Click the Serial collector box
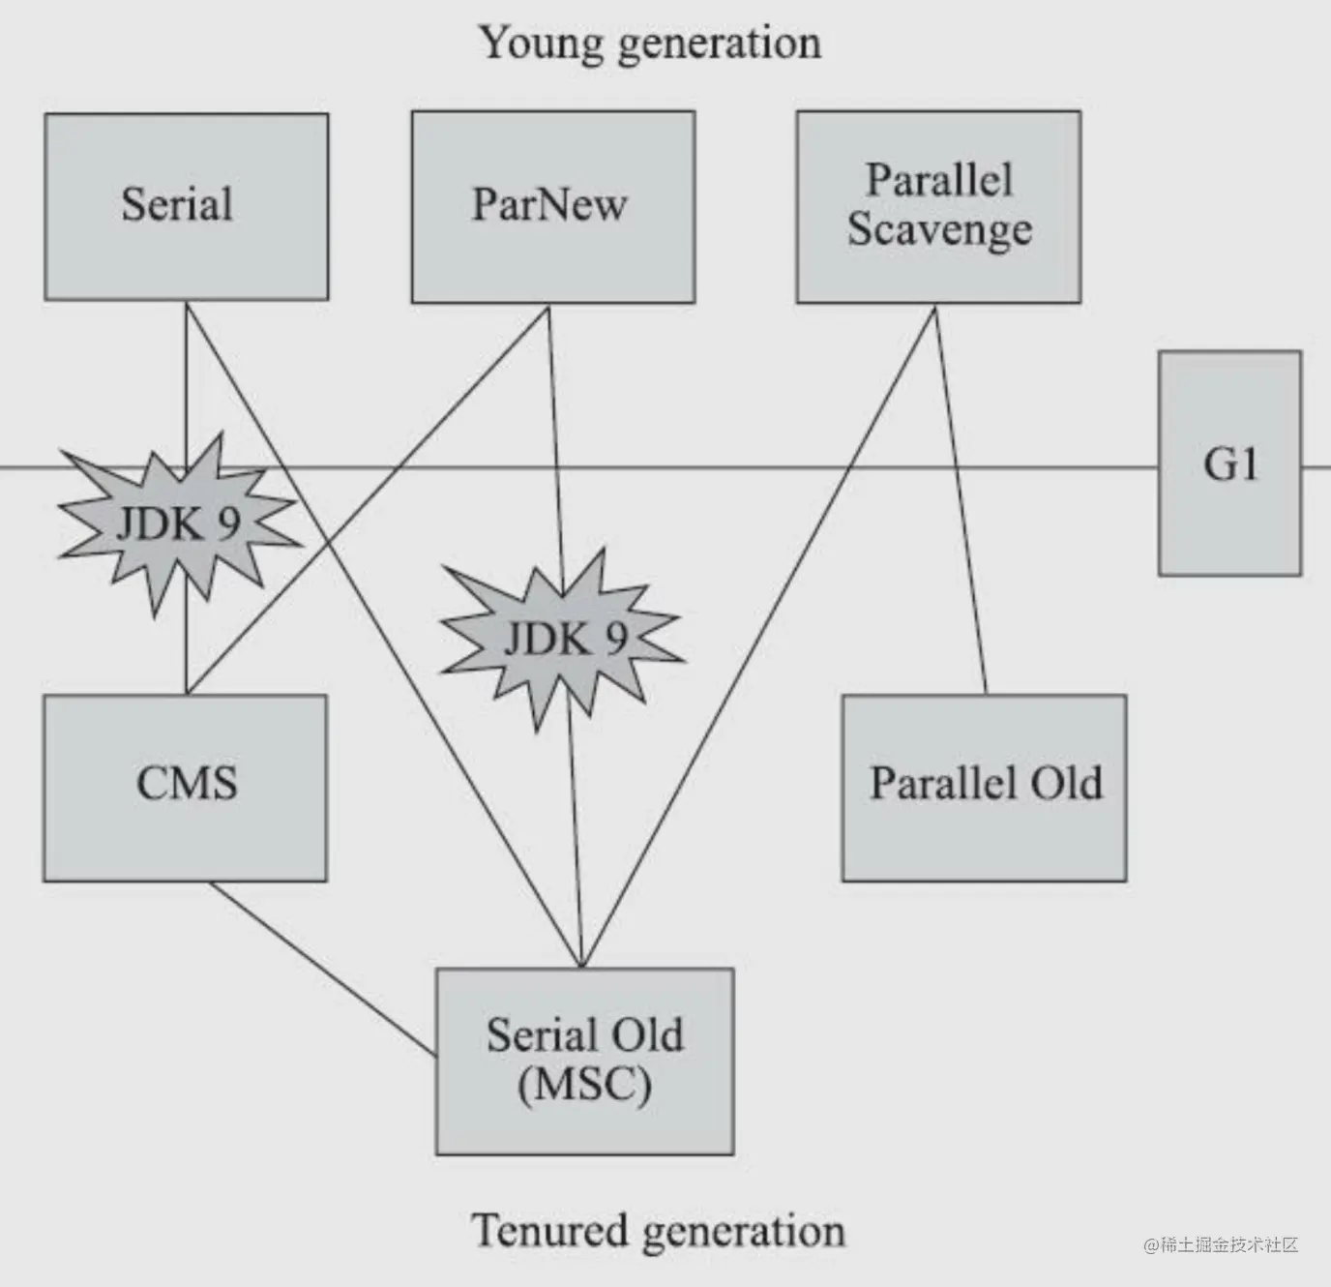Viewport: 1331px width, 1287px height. tap(186, 206)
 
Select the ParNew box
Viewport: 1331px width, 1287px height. tap(552, 206)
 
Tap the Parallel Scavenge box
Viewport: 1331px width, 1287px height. tap(938, 206)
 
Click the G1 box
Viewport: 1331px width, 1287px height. tap(1229, 464)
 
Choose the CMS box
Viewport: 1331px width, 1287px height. tap(185, 787)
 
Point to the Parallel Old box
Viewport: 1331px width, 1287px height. tap(984, 787)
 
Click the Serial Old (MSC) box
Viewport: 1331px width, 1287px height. tap(584, 1061)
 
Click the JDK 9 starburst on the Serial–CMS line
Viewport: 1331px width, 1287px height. tap(178, 524)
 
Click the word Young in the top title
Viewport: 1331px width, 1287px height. tap(541, 44)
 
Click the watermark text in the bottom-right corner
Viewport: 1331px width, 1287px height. tap(1221, 1245)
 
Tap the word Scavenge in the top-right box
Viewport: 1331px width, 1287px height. tap(939, 230)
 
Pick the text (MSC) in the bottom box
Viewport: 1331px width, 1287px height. tap(584, 1084)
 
